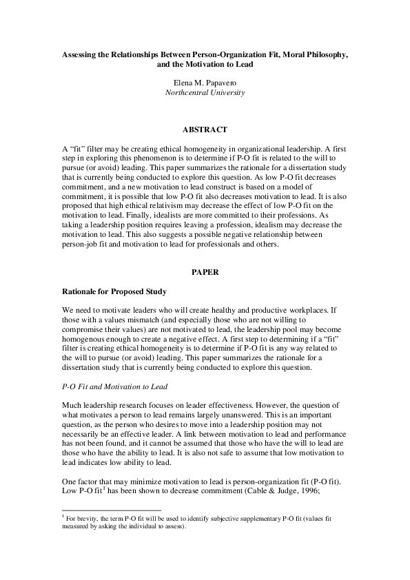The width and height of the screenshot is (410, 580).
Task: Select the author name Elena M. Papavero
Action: (205, 82)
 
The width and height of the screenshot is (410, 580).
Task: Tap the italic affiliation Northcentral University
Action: (205, 92)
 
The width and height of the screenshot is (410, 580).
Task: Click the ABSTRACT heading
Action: (205, 129)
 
